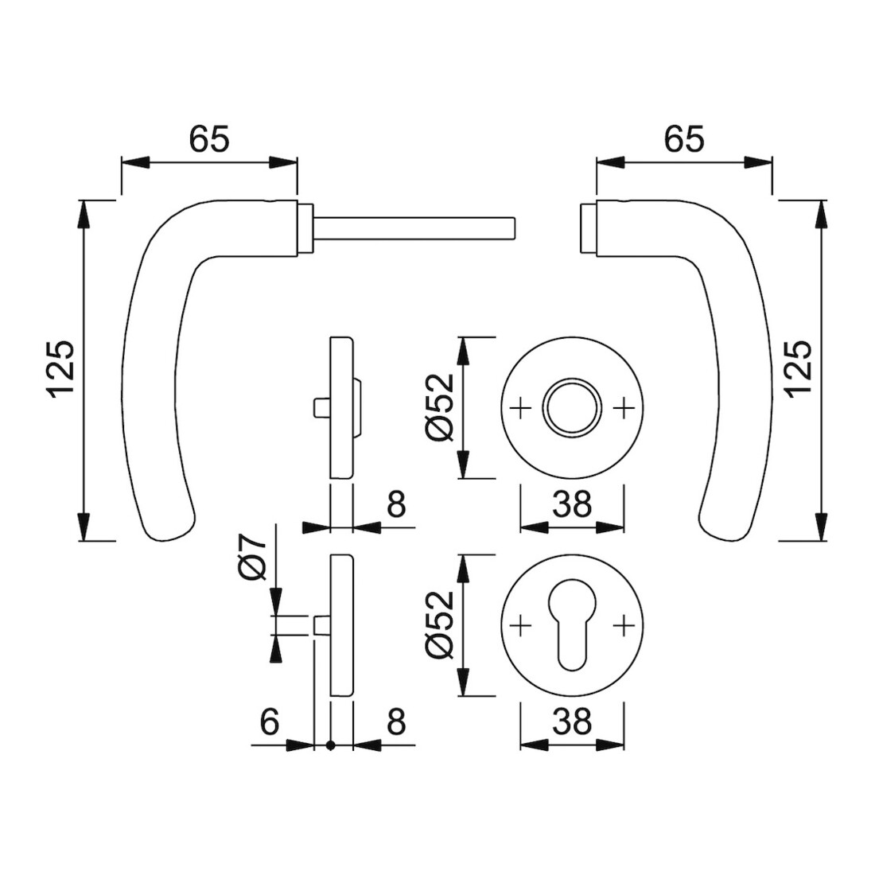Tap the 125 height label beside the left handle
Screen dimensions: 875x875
pos(61,369)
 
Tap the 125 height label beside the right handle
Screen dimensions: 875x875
pos(799,369)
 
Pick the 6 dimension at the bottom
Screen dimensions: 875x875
pos(270,722)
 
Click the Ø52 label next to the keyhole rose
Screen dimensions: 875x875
pos(441,625)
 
